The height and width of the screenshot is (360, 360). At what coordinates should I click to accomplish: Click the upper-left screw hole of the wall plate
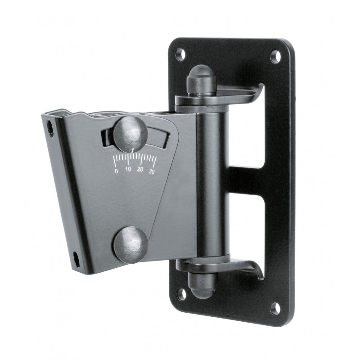tap(180, 54)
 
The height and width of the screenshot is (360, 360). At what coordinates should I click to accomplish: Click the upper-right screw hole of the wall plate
tap(275, 57)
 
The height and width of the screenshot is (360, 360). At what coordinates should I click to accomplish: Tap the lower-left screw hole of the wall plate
tap(181, 294)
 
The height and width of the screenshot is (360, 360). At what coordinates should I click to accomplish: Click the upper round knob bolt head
tap(131, 134)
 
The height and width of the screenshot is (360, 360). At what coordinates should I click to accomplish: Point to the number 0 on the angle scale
tap(117, 171)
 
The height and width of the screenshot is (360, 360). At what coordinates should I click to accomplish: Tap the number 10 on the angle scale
tap(128, 170)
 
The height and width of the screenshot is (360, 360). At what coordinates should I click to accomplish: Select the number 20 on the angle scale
tap(140, 170)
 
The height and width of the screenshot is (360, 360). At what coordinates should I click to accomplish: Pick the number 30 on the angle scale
tap(152, 171)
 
